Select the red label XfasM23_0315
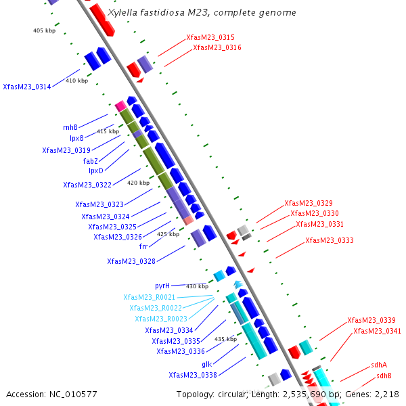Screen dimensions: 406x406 pos(210,37)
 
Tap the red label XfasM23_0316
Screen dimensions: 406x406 pos(217,47)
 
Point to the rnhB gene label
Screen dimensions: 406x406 pos(70,127)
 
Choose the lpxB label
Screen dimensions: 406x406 pos(76,138)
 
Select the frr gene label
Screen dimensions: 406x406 pos(143,246)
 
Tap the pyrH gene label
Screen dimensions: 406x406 pos(162,286)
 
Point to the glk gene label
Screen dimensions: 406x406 pos(207,364)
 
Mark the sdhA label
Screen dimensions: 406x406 pos(379,365)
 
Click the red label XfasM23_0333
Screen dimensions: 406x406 pos(329,240)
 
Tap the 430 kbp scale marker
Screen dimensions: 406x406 pos(197,286)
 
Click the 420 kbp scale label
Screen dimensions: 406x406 pos(138,183)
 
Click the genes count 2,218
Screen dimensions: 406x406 pos(386,394)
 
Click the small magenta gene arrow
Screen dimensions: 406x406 pos(120,106)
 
